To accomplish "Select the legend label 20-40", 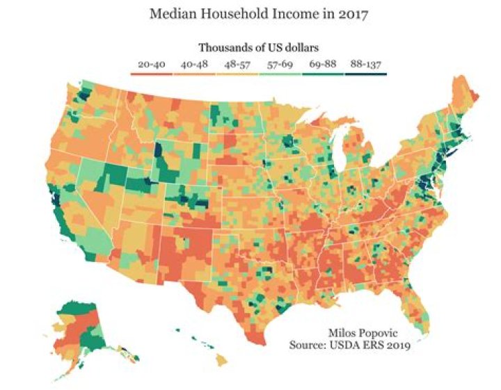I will coord(151,65).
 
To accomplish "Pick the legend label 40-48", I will coord(195,65).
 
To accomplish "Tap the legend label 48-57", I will coord(237,65).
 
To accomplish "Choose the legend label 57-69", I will coord(280,65).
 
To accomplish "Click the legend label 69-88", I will coord(323,65).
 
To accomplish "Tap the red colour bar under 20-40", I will coord(151,73).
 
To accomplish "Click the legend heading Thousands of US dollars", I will coord(258,48).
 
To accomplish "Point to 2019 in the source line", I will coord(398,344).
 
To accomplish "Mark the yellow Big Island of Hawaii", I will coord(220,359).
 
